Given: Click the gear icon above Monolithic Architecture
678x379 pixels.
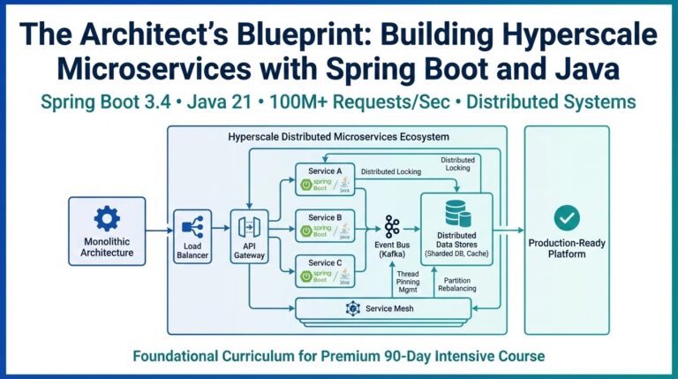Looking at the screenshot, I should [x=107, y=217].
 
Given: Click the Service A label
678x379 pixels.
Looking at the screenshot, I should [x=322, y=171].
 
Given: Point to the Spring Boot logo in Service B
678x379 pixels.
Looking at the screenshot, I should [x=316, y=231].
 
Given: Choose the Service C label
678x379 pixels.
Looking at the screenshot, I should [x=322, y=262].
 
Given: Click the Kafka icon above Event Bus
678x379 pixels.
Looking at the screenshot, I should [x=392, y=225].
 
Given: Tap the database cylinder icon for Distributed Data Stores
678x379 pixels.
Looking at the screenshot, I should [x=457, y=213].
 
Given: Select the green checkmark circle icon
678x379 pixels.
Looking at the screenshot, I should [x=566, y=217].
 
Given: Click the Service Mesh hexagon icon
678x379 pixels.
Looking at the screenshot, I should [x=353, y=308].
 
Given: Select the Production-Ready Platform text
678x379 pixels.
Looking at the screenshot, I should [x=566, y=248].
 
